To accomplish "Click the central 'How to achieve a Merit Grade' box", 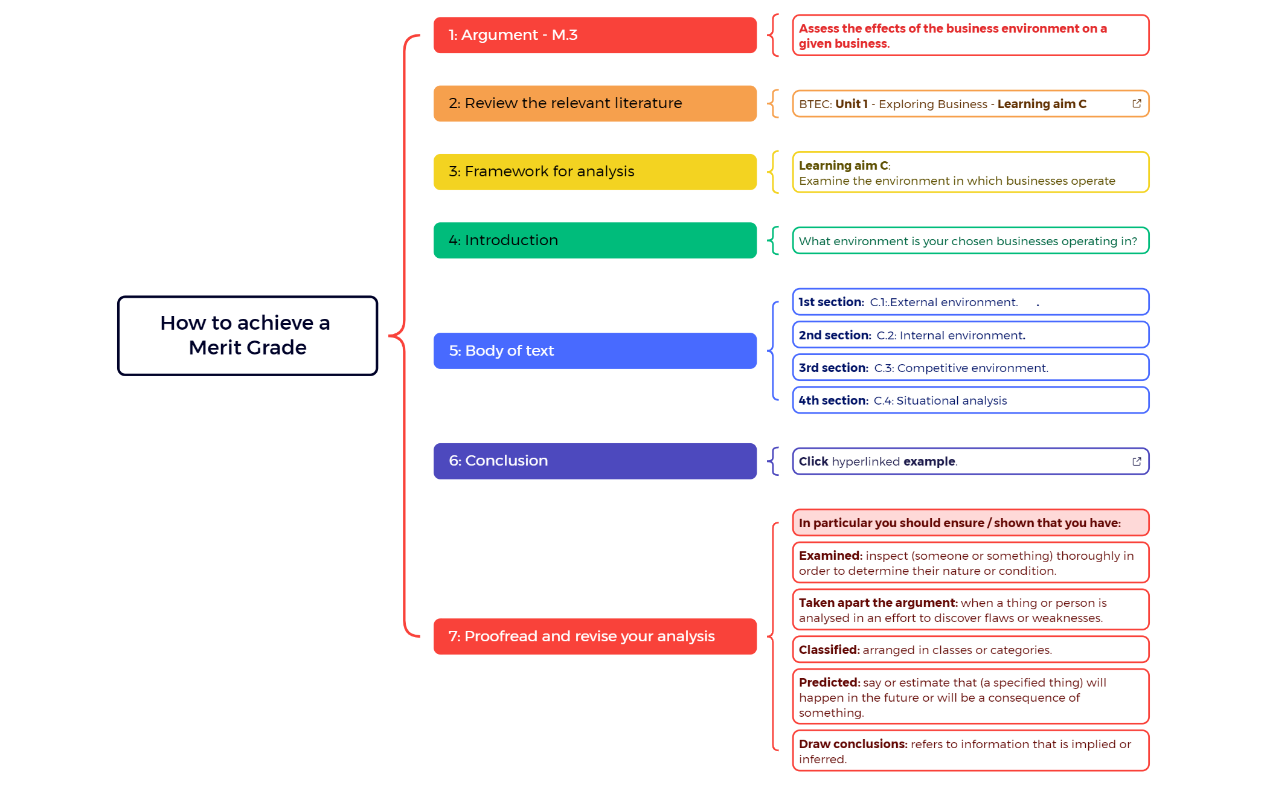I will tap(248, 336).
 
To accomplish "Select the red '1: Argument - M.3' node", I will tap(594, 35).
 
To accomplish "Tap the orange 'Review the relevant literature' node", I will tap(594, 103).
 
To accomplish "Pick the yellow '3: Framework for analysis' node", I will tap(594, 171).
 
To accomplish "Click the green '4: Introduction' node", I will tap(594, 240).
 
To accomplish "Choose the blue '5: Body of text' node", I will tap(594, 350).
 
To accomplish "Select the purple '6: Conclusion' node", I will tap(594, 461).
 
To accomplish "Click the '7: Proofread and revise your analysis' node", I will tap(594, 636).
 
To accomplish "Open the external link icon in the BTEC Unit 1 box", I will tap(1136, 103).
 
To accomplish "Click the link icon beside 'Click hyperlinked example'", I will tap(1136, 461).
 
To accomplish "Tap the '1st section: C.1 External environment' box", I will tap(970, 302).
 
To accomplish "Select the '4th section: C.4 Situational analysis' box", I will tap(970, 400).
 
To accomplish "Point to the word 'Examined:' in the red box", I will tap(830, 556).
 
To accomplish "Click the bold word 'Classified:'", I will tap(829, 650).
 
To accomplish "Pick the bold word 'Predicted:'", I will tap(829, 682).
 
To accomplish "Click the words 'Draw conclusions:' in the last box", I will tap(852, 744).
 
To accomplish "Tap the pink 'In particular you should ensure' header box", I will tap(970, 523).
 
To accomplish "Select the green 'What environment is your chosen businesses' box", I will tap(970, 241).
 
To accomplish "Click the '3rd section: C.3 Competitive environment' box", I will tap(970, 368).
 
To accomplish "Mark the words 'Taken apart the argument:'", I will tap(877, 603).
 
